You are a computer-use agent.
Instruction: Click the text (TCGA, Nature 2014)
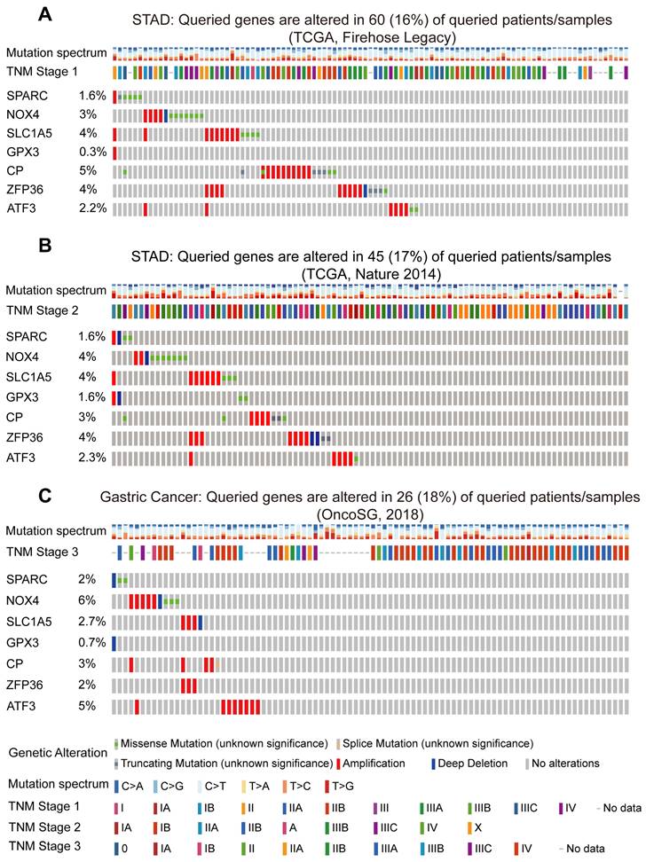point(370,274)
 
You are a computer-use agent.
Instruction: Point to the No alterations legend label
point(566,763)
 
